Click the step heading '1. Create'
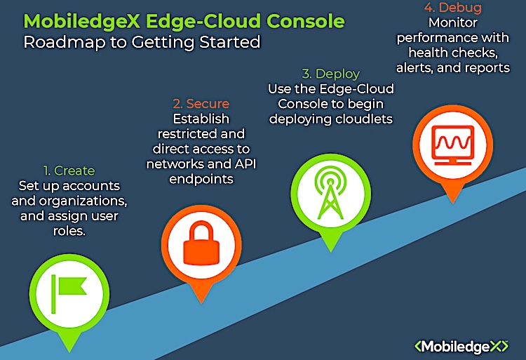[x=69, y=171]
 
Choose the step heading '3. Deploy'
[x=330, y=74]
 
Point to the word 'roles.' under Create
[x=69, y=229]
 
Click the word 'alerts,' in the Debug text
[x=416, y=67]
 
